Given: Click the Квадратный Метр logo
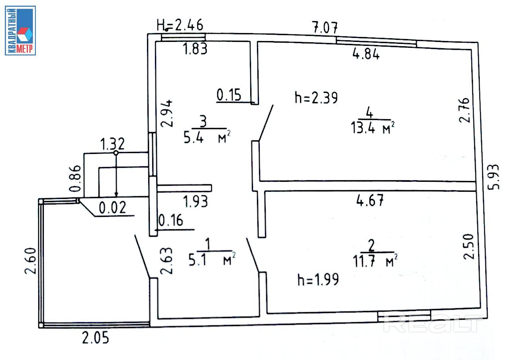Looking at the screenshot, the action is click(20, 31).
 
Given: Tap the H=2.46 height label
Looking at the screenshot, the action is click(180, 25).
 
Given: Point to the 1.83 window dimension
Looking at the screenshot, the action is click(195, 49).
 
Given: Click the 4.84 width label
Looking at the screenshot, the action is click(366, 54).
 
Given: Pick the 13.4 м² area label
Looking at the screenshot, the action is click(373, 128).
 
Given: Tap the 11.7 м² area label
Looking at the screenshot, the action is click(375, 261).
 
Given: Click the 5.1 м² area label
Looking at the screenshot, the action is click(212, 259).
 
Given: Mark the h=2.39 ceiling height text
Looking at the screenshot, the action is click(316, 98).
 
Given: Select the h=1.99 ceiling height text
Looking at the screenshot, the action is click(318, 279).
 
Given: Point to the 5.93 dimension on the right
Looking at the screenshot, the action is click(494, 177).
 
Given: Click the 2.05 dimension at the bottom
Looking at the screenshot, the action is click(95, 338).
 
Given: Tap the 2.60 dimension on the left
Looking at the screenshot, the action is click(31, 261).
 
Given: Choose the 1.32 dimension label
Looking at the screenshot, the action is click(112, 144).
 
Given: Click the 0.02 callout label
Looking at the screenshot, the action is click(112, 208).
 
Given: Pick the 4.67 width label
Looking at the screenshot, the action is click(370, 200).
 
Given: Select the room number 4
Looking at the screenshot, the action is click(369, 112).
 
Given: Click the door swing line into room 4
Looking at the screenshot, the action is click(266, 123).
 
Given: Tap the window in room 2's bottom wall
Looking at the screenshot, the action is click(404, 316).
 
